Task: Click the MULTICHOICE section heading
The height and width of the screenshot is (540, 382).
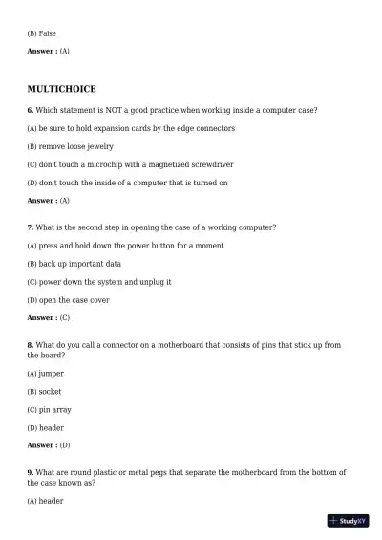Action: click(61, 89)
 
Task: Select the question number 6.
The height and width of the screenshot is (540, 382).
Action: click(31, 110)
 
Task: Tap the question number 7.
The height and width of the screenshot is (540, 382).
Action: click(31, 227)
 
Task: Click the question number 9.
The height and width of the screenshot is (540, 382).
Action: click(31, 472)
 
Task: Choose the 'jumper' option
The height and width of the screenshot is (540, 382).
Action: click(46, 374)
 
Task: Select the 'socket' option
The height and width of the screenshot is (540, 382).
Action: click(44, 392)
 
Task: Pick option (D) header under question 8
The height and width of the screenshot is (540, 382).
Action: click(46, 428)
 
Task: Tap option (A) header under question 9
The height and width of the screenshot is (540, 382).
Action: click(46, 501)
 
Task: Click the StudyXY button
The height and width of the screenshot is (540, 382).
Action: click(348, 521)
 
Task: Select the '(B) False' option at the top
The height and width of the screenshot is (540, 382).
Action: click(42, 33)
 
